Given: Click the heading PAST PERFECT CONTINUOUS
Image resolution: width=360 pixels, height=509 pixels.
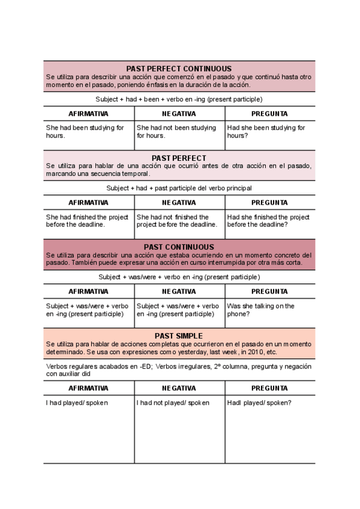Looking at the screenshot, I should tap(179, 69).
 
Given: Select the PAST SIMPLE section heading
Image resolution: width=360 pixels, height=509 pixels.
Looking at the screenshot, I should tap(179, 336).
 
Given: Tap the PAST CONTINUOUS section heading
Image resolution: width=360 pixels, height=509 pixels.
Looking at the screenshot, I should tap(179, 247).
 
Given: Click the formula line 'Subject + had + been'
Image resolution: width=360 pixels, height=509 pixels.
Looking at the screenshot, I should tap(179, 99).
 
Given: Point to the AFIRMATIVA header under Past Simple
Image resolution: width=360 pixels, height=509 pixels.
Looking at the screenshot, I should tap(88, 388).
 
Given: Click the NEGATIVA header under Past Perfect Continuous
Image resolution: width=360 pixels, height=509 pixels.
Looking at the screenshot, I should tap(179, 113).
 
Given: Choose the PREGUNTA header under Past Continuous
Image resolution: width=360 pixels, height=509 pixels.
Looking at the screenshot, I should tap(269, 291).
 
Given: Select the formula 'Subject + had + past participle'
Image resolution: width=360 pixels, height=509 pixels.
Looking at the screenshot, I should tap(179, 188).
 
